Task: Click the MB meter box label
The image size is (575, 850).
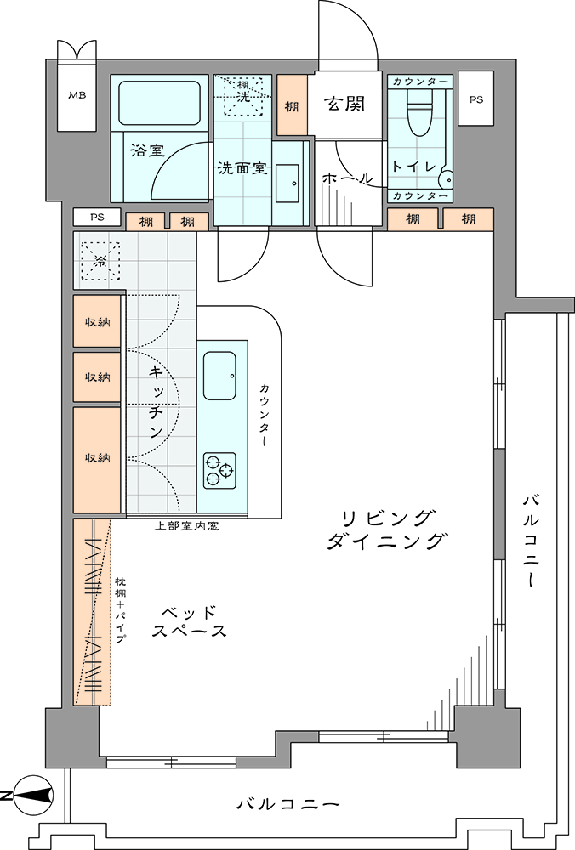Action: click(x=77, y=95)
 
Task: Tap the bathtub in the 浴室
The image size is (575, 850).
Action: click(x=159, y=103)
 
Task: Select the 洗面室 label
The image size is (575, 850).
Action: click(x=242, y=167)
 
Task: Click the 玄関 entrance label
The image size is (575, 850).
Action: click(x=345, y=103)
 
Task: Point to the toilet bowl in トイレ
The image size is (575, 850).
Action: click(x=418, y=112)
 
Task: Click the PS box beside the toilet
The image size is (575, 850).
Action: click(x=475, y=99)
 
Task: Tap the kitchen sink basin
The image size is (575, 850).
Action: click(x=219, y=376)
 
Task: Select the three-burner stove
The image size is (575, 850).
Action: click(x=219, y=470)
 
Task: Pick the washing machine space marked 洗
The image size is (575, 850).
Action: click(x=243, y=96)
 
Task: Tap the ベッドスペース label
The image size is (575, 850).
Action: click(x=189, y=621)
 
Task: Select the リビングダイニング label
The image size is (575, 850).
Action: click(x=387, y=530)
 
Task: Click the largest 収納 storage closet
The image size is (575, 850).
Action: click(x=97, y=460)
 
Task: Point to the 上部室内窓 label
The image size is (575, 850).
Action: click(x=186, y=525)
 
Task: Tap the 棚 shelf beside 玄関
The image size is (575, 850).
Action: click(x=293, y=105)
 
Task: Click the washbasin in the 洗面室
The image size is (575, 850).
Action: click(x=287, y=184)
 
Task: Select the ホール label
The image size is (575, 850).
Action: click(x=347, y=178)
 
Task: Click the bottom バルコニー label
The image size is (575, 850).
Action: click(x=287, y=803)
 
